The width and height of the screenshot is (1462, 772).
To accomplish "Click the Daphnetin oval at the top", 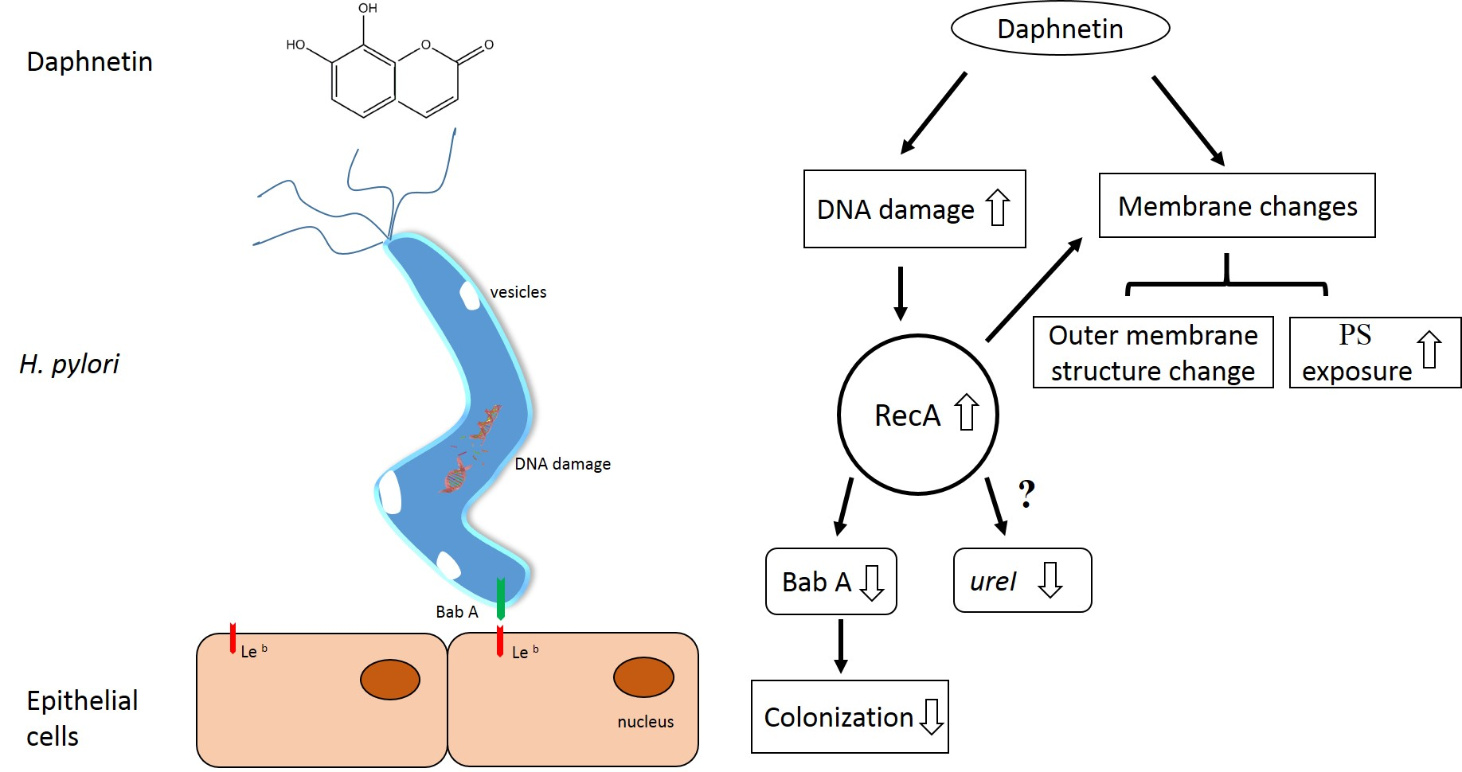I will click(x=1060, y=29).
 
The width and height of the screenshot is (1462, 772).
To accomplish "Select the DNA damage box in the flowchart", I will click(x=914, y=209).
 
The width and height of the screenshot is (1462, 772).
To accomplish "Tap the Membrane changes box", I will click(x=1237, y=205).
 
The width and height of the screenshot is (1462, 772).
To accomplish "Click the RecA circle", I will click(x=917, y=415).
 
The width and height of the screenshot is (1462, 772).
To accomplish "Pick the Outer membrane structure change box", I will click(x=1152, y=353).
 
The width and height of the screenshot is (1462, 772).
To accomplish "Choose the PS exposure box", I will click(x=1374, y=353).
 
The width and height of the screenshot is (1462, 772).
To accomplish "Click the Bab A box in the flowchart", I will click(x=831, y=582).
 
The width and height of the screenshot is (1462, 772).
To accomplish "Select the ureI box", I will click(x=1022, y=580).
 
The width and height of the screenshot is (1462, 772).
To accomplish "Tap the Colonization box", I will click(x=850, y=716).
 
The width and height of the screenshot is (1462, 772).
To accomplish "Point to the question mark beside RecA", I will click(x=1027, y=494).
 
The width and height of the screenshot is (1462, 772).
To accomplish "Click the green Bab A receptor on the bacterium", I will click(x=501, y=599).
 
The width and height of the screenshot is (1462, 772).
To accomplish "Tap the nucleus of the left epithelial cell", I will click(x=390, y=680).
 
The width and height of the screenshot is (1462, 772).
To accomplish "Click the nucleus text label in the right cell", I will click(x=645, y=722).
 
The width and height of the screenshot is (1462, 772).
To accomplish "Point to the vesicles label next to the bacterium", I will click(x=518, y=292).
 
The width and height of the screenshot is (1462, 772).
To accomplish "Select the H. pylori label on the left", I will click(x=69, y=364).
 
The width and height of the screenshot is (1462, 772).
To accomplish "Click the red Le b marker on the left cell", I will click(x=233, y=637).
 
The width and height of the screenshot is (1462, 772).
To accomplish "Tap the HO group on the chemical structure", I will click(x=295, y=45).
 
